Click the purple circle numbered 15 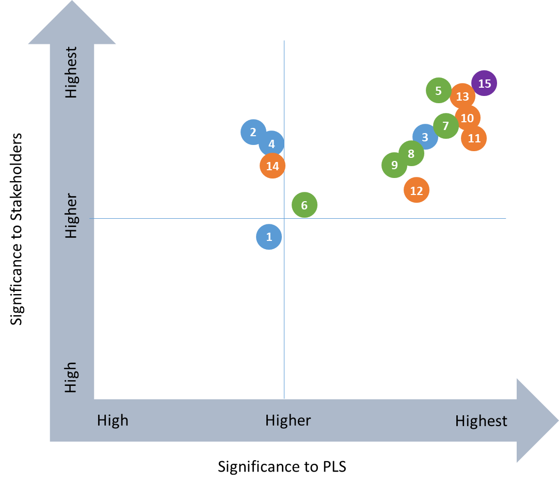pyautogui.click(x=484, y=84)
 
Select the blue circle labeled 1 pyautogui.click(x=269, y=237)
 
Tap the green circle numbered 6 pyautogui.click(x=305, y=205)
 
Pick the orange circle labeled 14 pyautogui.click(x=273, y=166)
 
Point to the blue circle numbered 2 pyautogui.click(x=253, y=132)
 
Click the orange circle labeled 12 pyautogui.click(x=417, y=190)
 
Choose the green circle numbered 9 pyautogui.click(x=394, y=165)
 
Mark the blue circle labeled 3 pyautogui.click(x=425, y=137)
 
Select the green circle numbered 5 pyautogui.click(x=438, y=91)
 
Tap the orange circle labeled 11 pyautogui.click(x=474, y=138)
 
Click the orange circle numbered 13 pyautogui.click(x=462, y=96)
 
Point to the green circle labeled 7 pyautogui.click(x=446, y=125)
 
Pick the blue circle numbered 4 pyautogui.click(x=271, y=144)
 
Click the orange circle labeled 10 pyautogui.click(x=468, y=118)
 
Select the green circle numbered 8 pyautogui.click(x=411, y=154)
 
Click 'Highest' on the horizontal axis pyautogui.click(x=481, y=421)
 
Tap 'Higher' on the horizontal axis pyautogui.click(x=288, y=420)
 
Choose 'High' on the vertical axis pyautogui.click(x=71, y=377)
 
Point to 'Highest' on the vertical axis pyautogui.click(x=71, y=72)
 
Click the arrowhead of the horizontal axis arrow pyautogui.click(x=537, y=420)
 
